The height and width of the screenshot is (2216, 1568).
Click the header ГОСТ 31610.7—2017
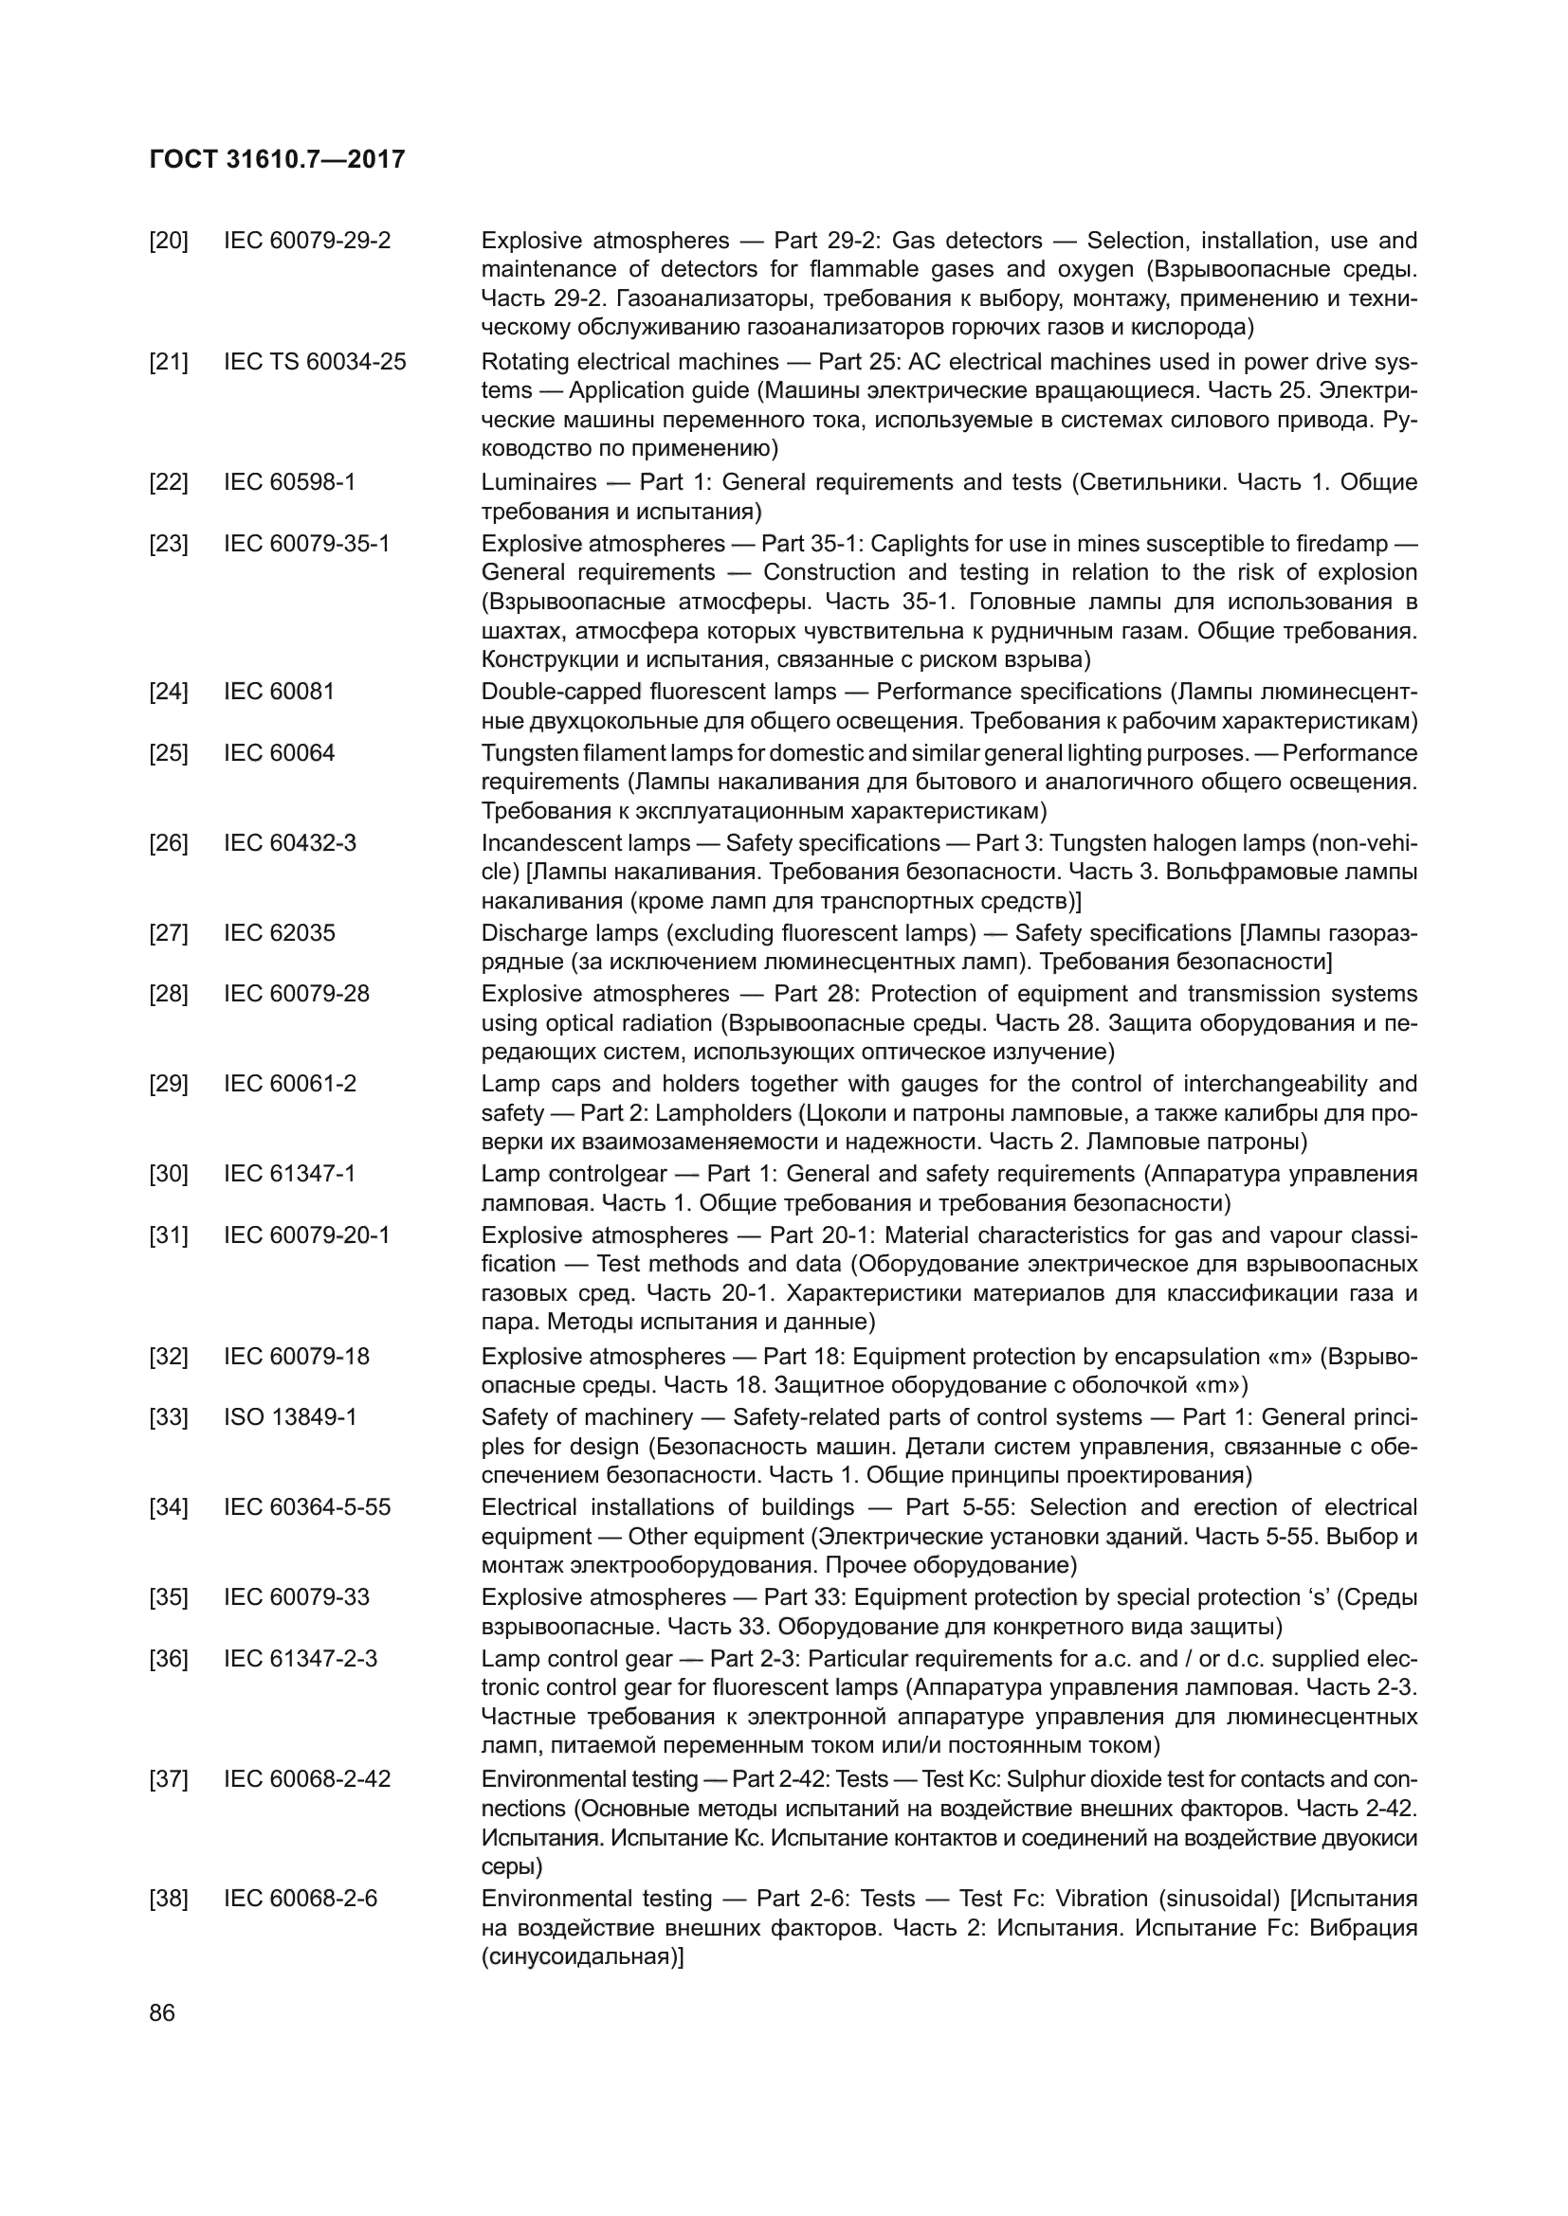pos(278,160)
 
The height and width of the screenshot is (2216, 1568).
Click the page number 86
pos(162,2012)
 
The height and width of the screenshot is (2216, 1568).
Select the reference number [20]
pos(168,241)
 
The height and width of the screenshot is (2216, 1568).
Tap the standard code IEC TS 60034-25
pos(315,362)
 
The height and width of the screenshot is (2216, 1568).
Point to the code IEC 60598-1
pos(290,481)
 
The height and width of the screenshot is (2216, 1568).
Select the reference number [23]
pos(168,544)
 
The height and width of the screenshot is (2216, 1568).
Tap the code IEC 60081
pos(279,692)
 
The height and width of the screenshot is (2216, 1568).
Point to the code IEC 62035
pos(279,933)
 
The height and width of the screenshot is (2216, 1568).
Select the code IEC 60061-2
pos(290,1084)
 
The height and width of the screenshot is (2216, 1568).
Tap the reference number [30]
pos(168,1175)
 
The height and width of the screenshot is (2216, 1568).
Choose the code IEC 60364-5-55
pos(307,1507)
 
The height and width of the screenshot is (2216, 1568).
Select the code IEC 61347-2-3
pos(301,1659)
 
